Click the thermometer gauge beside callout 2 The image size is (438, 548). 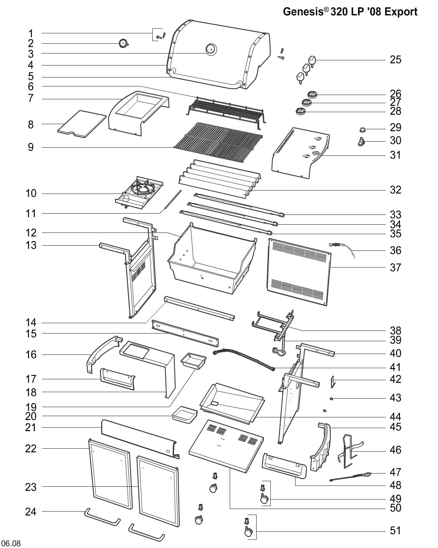coord(124,43)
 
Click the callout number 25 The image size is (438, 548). coord(396,60)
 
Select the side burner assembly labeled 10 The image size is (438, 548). coord(139,192)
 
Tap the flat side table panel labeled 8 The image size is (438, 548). coord(82,124)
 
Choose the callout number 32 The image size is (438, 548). coord(396,190)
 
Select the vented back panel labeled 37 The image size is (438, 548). coord(299,272)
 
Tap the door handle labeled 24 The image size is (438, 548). coord(102,517)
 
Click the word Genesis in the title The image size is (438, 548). coord(303,12)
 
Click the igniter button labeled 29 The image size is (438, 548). coord(361,130)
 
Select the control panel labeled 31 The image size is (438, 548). coord(301,153)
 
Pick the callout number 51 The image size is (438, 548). coord(396,530)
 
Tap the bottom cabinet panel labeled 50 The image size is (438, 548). coord(226,446)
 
